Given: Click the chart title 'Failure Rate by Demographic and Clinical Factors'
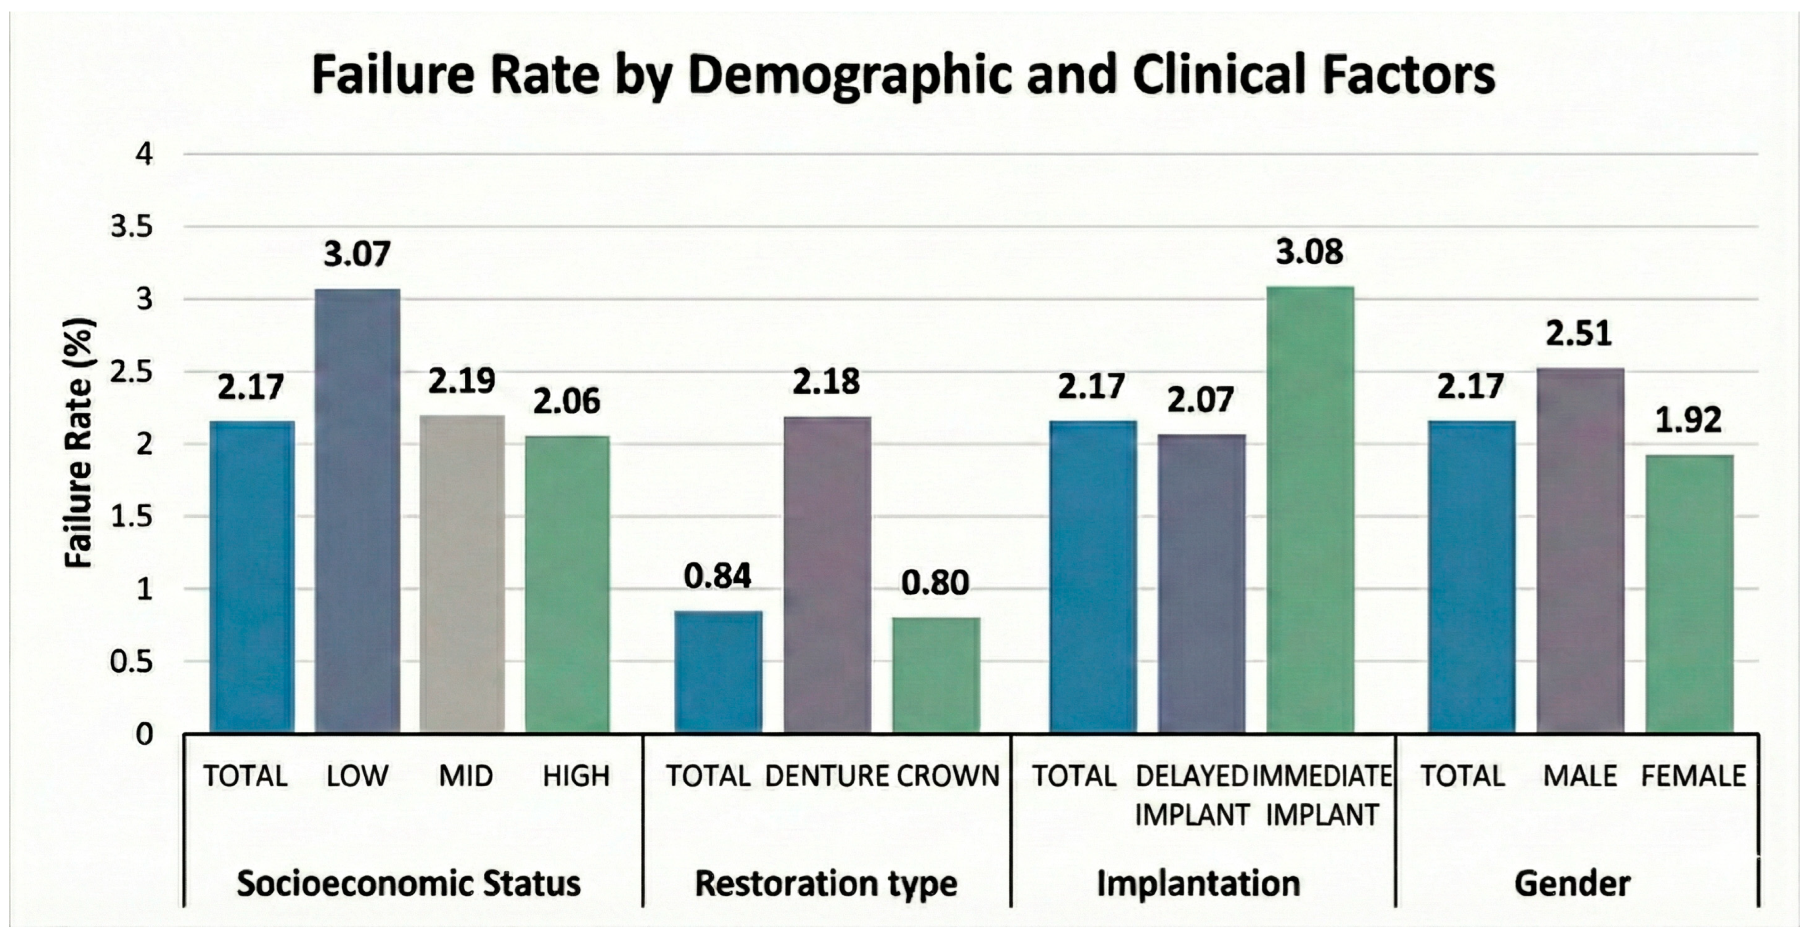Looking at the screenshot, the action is pyautogui.click(x=903, y=76).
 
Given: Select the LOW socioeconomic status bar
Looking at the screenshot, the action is pyautogui.click(x=357, y=511).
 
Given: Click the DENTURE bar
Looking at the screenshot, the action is pyautogui.click(x=827, y=575).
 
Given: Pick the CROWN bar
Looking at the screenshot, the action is pyautogui.click(x=936, y=675).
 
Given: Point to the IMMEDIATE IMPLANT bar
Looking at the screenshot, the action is pyautogui.click(x=1310, y=510).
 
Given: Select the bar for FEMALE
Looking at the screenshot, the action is pyautogui.click(x=1689, y=594).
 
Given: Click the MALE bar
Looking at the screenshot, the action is pyautogui.click(x=1580, y=550).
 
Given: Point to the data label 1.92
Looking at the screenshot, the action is pyautogui.click(x=1689, y=420).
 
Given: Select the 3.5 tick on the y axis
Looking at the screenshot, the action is pyautogui.click(x=132, y=227).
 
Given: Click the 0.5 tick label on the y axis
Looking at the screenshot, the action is pyautogui.click(x=132, y=662).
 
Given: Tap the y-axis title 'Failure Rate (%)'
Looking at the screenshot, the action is pyautogui.click(x=79, y=444).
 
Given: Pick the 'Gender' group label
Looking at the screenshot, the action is pyautogui.click(x=1572, y=883).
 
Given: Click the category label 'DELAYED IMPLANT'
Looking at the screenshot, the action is pyautogui.click(x=1193, y=795).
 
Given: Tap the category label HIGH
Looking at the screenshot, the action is pyautogui.click(x=576, y=777).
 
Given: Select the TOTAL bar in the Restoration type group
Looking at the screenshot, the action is pyautogui.click(x=718, y=672).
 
